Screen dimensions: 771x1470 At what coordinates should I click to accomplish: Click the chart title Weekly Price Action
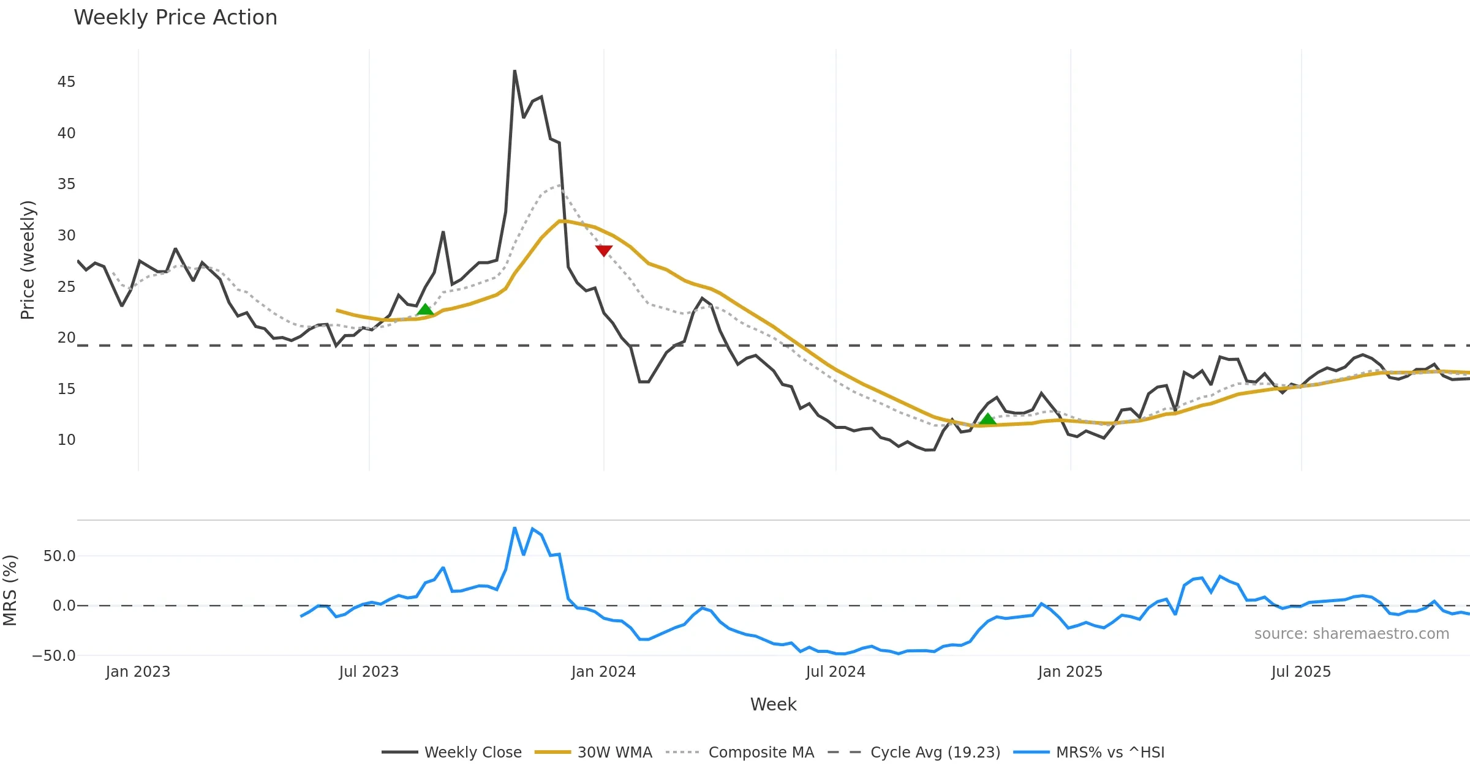175,18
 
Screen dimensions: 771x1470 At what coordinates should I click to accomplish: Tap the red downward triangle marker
604,250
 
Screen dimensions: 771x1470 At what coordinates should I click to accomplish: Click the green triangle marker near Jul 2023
425,310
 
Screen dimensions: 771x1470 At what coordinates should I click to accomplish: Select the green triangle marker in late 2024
987,419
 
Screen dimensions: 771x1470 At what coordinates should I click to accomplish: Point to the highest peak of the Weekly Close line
514,71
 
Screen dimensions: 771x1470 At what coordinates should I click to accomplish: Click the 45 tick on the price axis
66,82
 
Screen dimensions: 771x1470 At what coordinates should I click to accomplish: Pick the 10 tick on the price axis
66,440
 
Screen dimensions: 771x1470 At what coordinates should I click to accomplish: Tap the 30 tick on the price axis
66,236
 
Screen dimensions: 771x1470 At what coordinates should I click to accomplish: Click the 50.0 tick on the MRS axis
59,556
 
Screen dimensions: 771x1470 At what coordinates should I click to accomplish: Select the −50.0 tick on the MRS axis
54,656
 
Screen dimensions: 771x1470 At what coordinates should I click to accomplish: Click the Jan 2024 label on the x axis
603,672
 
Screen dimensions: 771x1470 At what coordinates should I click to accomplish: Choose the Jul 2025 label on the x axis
1301,672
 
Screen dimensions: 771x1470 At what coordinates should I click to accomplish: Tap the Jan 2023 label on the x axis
138,672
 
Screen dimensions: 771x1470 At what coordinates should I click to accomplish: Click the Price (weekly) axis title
28,260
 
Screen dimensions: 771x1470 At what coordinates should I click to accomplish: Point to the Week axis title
773,705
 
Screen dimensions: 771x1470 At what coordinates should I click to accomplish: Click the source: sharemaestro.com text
1351,634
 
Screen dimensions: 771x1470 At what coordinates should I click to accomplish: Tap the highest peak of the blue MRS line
514,527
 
